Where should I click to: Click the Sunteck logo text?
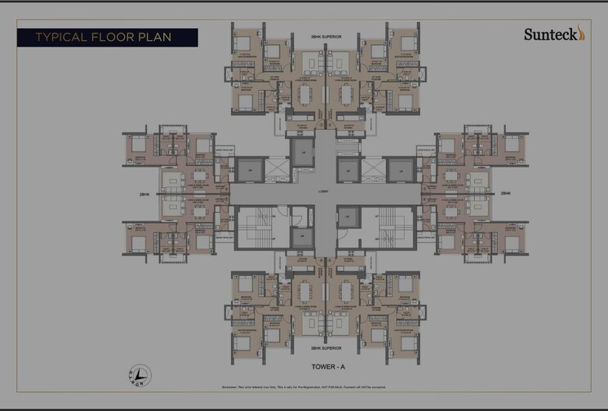tap(549, 34)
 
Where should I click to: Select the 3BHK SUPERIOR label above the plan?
tap(326, 38)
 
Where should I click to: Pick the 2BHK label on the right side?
tap(505, 194)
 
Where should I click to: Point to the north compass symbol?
tap(140, 375)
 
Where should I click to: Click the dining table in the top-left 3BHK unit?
tap(305, 95)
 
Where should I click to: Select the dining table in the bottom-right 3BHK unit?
tap(344, 293)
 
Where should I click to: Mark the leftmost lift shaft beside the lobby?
tap(246, 170)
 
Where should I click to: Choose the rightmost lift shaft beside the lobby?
tap(402, 170)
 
